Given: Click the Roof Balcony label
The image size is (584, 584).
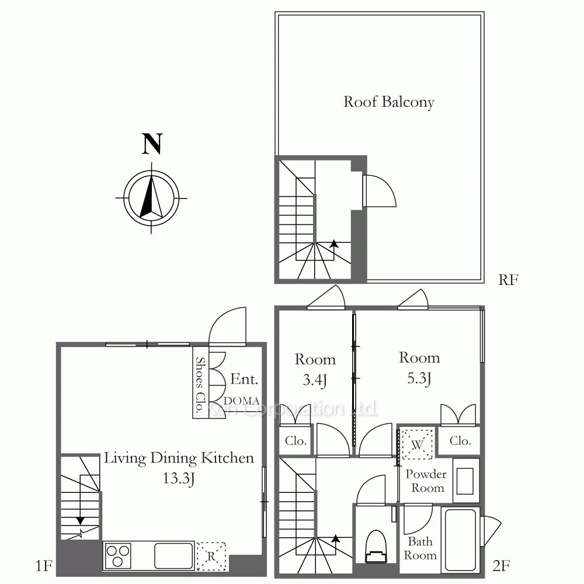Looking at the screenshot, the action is [389, 102].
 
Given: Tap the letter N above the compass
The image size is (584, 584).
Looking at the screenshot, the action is [152, 144].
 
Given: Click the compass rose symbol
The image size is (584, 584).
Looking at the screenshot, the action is [151, 198].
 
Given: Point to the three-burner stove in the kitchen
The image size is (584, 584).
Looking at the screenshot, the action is [118, 556].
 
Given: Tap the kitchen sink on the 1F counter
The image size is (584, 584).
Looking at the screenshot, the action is [173, 556].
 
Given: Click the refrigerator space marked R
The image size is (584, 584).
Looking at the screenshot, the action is [211, 556].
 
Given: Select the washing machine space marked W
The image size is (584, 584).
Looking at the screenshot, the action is [417, 444].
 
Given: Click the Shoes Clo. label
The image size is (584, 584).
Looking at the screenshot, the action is [200, 384].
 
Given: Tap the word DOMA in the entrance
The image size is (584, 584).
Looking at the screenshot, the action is [241, 401].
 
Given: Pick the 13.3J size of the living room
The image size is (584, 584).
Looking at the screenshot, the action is [179, 478].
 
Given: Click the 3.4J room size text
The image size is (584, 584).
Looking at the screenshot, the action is [315, 380].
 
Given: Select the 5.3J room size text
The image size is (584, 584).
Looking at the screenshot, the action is [419, 378].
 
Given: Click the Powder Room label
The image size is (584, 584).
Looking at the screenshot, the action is [426, 481].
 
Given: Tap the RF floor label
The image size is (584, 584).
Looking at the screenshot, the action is [509, 280].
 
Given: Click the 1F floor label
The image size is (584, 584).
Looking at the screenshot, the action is [44, 566].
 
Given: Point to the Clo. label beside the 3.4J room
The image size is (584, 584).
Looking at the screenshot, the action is [296, 440].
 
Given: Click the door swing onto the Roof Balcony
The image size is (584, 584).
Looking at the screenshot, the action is [379, 191].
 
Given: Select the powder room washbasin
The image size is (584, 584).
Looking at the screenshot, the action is [465, 481].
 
